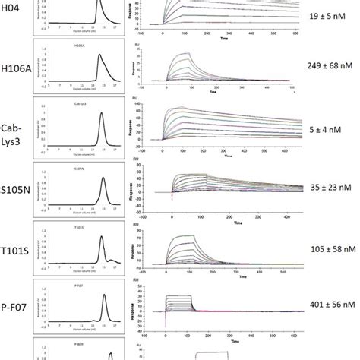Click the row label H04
[17, 14]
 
